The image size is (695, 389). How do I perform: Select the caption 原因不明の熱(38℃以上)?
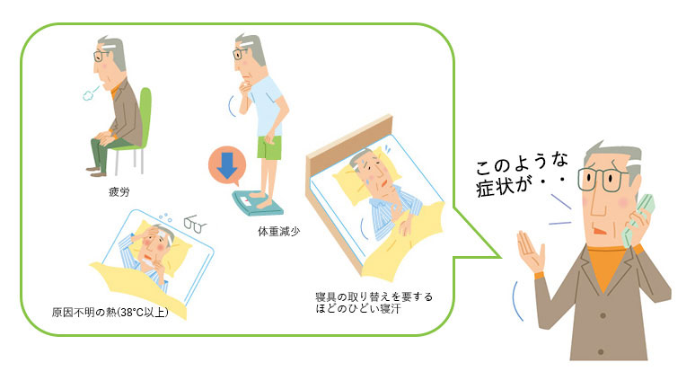tap(110, 313)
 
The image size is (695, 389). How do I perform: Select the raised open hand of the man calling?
tap(532, 250)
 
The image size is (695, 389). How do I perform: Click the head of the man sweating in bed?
tap(371, 170)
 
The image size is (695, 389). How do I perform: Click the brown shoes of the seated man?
tap(96, 171)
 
